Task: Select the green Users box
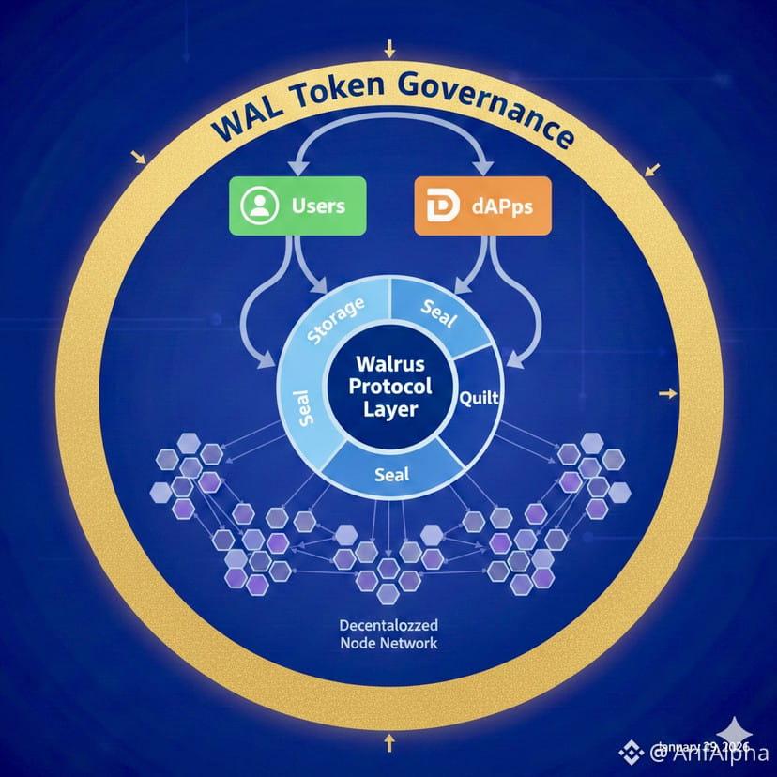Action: pos(295,206)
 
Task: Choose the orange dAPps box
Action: pos(481,206)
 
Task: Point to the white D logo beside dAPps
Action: pos(436,206)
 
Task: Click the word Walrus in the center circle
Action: pos(388,364)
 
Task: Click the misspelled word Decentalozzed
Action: pos(388,624)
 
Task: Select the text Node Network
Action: pos(388,644)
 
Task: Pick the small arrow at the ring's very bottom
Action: pos(388,743)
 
